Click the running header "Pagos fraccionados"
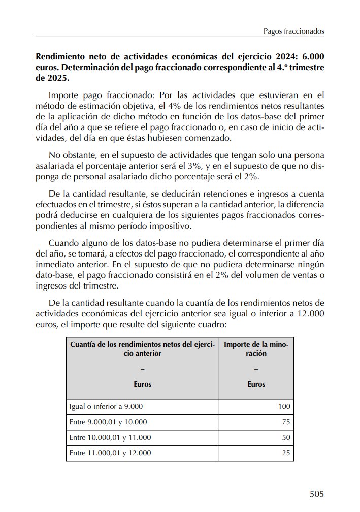(x=293, y=31)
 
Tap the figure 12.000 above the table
(x=310, y=313)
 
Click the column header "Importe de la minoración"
(x=256, y=349)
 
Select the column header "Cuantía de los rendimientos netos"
(x=142, y=349)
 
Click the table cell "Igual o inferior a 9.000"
(x=106, y=406)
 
